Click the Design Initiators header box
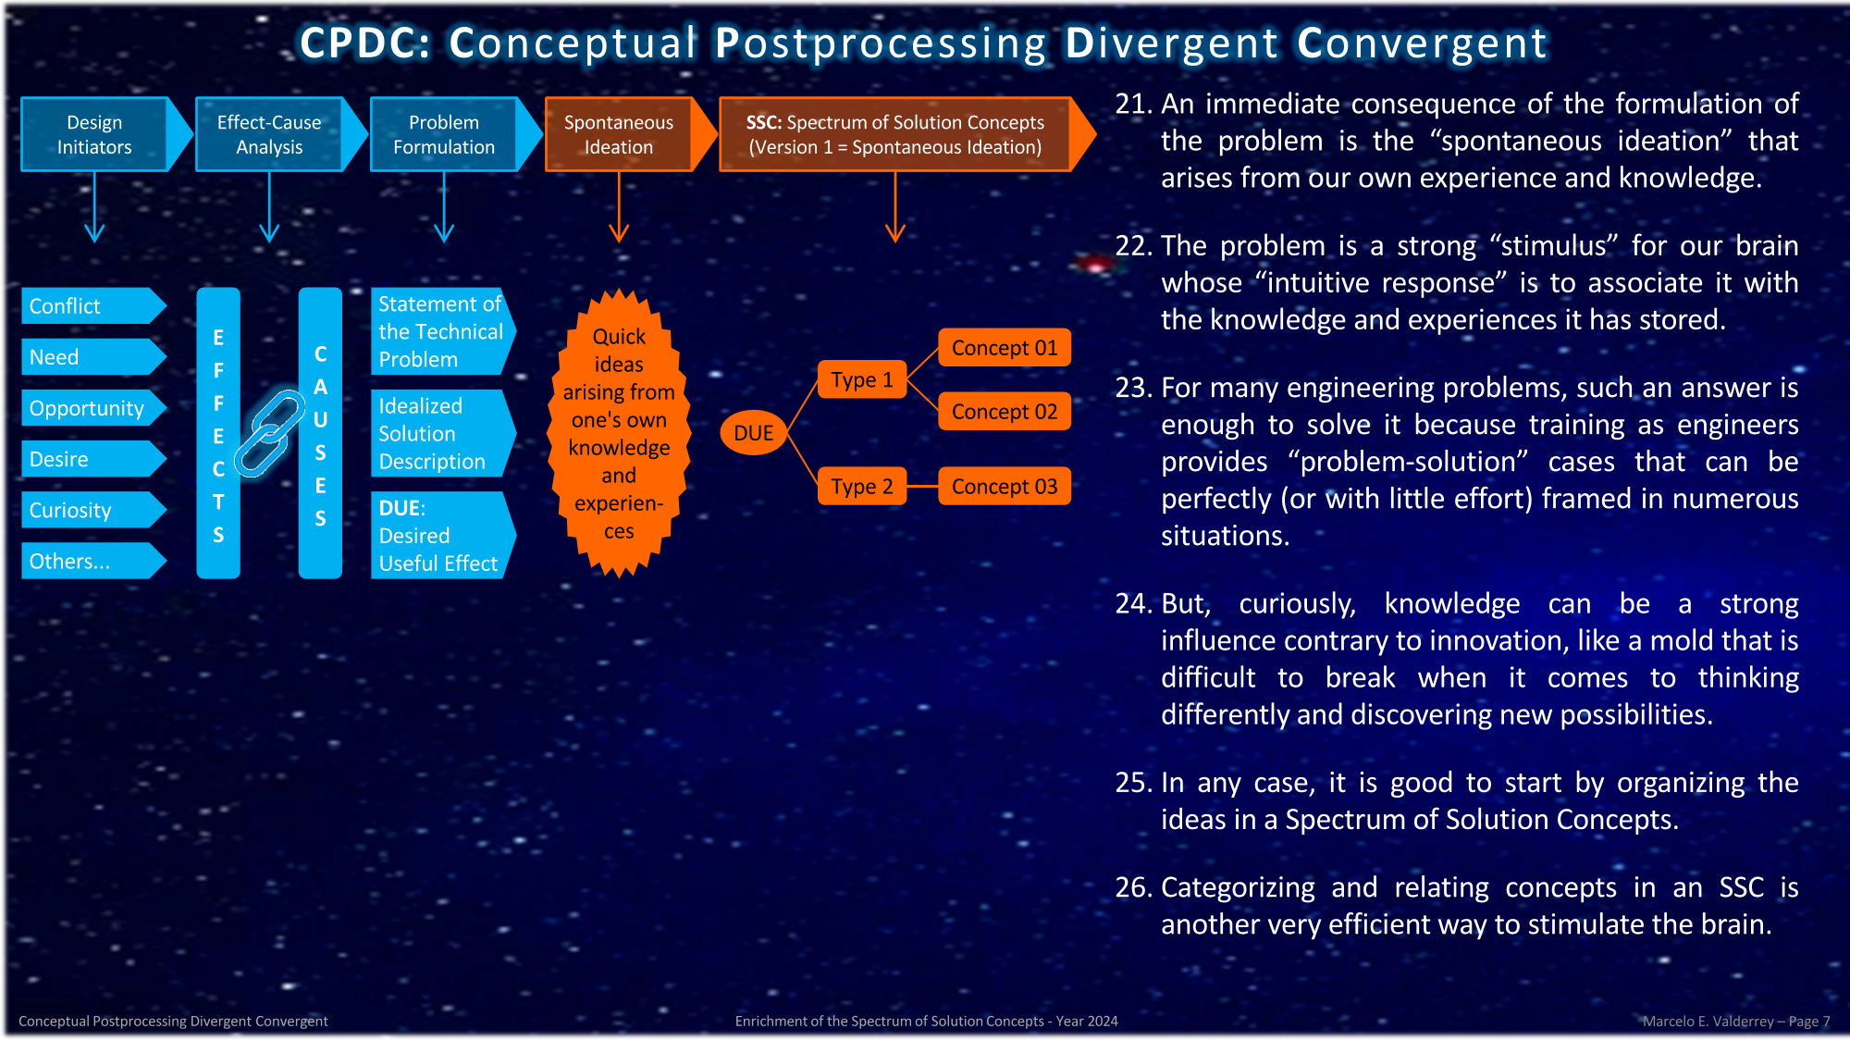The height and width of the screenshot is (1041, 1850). tap(94, 134)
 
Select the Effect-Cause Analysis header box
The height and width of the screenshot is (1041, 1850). tap(269, 134)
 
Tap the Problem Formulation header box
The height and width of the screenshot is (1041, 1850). tap(444, 134)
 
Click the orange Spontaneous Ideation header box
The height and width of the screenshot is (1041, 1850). tap(619, 134)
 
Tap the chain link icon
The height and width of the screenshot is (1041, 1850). tap(269, 432)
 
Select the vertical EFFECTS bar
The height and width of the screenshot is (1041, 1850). tap(218, 433)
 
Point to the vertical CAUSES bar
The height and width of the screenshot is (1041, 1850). tap(320, 433)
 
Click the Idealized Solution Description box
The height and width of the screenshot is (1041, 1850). tap(440, 433)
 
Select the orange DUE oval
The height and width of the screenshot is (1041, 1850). tap(753, 433)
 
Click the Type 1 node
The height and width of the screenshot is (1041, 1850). tap(862, 379)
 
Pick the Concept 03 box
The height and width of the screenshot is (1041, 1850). tap(1005, 487)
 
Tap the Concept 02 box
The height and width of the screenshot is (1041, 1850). tap(1005, 412)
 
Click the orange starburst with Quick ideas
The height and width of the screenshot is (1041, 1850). tap(619, 433)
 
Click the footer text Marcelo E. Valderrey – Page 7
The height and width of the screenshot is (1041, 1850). tap(1736, 1021)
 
